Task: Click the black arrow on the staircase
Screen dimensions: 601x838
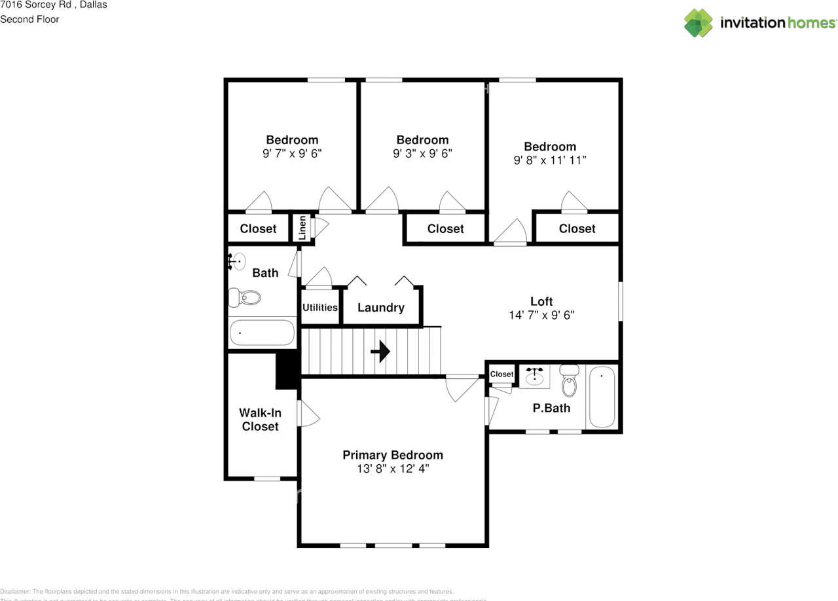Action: click(380, 352)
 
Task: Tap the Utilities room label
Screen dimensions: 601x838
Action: click(320, 308)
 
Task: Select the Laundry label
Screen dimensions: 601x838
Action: click(381, 308)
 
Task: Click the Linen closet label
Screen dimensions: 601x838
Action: click(302, 228)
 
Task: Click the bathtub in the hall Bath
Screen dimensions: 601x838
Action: click(261, 333)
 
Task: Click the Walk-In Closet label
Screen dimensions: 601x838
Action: click(261, 420)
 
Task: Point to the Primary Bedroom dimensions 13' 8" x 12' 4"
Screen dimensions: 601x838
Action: click(393, 469)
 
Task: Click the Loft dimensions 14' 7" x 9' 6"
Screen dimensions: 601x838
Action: click(541, 315)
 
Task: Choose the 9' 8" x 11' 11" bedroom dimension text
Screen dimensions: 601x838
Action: click(549, 160)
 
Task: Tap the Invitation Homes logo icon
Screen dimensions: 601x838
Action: click(699, 23)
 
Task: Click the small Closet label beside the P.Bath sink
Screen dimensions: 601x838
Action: click(502, 374)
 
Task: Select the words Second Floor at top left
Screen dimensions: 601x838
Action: click(29, 20)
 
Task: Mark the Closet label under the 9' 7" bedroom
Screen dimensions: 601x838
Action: click(258, 228)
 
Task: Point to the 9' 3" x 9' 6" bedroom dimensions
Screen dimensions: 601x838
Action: click(422, 153)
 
